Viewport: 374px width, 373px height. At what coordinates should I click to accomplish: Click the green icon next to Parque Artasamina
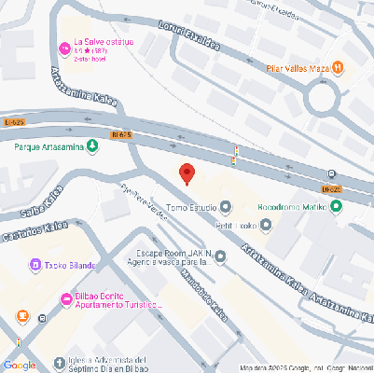click(x=91, y=147)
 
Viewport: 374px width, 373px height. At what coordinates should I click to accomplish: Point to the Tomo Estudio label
click(x=190, y=205)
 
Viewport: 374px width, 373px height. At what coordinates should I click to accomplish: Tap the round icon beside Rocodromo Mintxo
click(x=336, y=206)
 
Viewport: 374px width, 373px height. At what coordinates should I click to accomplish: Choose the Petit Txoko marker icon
click(x=266, y=225)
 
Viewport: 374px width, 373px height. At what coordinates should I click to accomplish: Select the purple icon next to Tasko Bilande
click(x=35, y=265)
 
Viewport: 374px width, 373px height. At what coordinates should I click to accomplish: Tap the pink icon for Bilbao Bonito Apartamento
click(x=65, y=299)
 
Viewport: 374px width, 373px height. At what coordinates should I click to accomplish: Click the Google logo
click(x=20, y=365)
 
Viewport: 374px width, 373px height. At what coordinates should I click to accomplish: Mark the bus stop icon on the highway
click(x=333, y=174)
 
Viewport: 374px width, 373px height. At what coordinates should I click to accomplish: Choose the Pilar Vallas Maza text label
click(x=298, y=68)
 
